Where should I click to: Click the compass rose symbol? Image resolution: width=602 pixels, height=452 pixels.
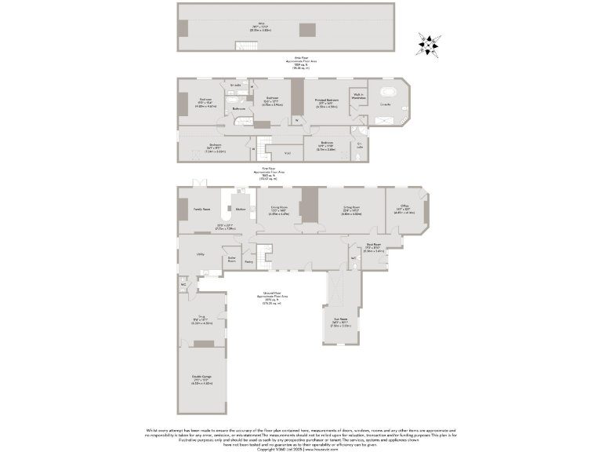pyautogui.click(x=427, y=45)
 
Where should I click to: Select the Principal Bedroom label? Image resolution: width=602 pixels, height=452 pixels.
pyautogui.click(x=327, y=100)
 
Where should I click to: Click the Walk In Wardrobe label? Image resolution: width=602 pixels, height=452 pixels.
pyautogui.click(x=359, y=97)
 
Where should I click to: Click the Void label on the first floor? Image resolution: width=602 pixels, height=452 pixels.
pyautogui.click(x=287, y=152)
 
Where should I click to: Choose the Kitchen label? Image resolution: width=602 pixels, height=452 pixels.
pyautogui.click(x=241, y=209)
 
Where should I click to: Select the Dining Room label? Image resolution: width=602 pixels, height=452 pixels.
pyautogui.click(x=280, y=210)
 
